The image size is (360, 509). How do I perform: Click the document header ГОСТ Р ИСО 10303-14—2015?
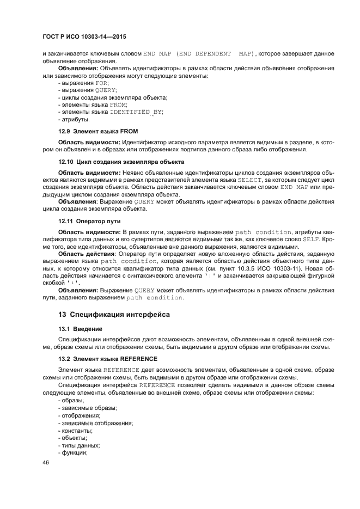(x=88, y=36)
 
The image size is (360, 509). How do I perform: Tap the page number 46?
(x=46, y=462)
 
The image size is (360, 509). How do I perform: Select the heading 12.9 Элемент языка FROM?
(x=98, y=131)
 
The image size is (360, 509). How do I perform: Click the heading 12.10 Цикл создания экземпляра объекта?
(x=121, y=162)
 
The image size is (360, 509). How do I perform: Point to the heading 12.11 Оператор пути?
(x=89, y=221)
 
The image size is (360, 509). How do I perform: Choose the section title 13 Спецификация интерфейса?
(x=114, y=315)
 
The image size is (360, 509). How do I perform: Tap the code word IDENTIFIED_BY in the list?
(x=136, y=112)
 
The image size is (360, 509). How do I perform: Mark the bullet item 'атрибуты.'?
(x=74, y=119)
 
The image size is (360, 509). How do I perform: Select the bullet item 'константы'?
(x=76, y=430)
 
